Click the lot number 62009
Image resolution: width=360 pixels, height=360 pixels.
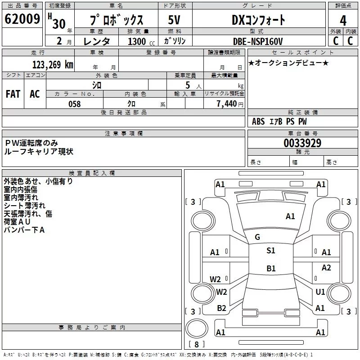click(x=22, y=20)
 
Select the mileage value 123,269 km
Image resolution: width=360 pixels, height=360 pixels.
click(x=53, y=64)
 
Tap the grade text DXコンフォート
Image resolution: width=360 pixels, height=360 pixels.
click(x=258, y=20)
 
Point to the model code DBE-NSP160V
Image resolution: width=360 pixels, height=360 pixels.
click(x=258, y=41)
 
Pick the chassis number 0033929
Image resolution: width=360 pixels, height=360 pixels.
click(x=302, y=143)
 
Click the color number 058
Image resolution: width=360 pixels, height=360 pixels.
click(x=74, y=104)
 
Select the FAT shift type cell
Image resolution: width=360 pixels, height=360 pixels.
click(x=13, y=94)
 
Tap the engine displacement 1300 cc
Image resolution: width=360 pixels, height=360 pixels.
click(x=140, y=41)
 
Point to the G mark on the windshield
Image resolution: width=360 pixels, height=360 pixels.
click(x=257, y=237)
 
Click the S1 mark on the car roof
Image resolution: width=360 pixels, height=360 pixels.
click(x=270, y=251)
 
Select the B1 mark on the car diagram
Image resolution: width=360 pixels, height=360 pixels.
click(x=271, y=269)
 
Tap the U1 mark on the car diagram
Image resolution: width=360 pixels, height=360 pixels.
click(x=320, y=292)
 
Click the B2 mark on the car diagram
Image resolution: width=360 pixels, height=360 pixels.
click(x=221, y=308)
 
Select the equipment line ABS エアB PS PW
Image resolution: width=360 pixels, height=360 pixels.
click(x=279, y=121)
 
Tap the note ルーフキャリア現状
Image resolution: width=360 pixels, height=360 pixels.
click(x=38, y=152)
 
